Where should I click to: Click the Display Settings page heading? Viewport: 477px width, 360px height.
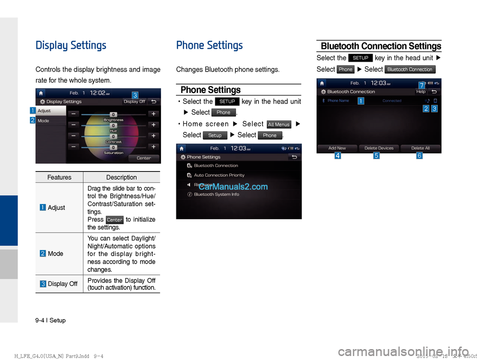71,46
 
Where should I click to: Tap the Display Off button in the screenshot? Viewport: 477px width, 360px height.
134,101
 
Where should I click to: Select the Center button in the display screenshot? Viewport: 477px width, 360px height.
144,158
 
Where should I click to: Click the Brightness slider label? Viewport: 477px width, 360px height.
113,120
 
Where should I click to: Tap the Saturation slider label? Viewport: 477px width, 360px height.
113,153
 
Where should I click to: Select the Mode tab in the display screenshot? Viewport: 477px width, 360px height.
44,121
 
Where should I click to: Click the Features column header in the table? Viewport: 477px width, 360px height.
59,178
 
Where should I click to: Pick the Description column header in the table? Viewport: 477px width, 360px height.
121,178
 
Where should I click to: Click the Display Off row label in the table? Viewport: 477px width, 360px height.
62,284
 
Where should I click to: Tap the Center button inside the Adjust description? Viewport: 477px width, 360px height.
115,220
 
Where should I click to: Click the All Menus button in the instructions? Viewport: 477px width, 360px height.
279,124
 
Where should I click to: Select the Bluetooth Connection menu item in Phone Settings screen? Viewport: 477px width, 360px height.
216,166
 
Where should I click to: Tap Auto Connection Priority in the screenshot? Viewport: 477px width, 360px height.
219,175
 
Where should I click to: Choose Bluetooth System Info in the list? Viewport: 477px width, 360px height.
216,194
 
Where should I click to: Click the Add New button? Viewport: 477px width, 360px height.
337,148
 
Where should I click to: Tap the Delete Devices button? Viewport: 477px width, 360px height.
379,148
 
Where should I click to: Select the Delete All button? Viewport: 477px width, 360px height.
420,148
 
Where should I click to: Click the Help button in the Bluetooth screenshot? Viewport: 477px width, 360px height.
420,91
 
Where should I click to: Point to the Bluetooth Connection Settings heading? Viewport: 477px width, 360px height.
381,46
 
